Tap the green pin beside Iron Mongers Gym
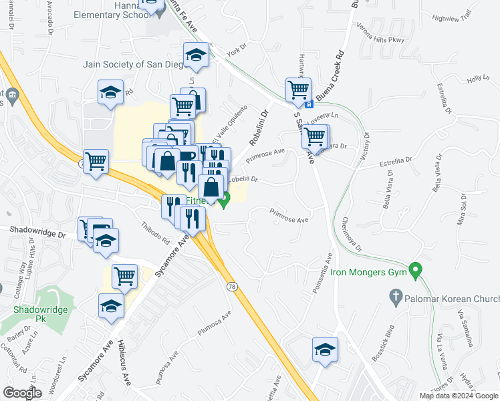pos(416,270)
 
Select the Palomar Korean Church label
pos(452,295)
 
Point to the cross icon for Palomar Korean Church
pos(396,295)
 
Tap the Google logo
pos(23,393)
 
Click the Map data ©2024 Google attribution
pos(458,396)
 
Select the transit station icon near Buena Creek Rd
pos(308,104)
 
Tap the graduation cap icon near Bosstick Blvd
pos(325,350)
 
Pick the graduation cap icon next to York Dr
pos(197,55)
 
